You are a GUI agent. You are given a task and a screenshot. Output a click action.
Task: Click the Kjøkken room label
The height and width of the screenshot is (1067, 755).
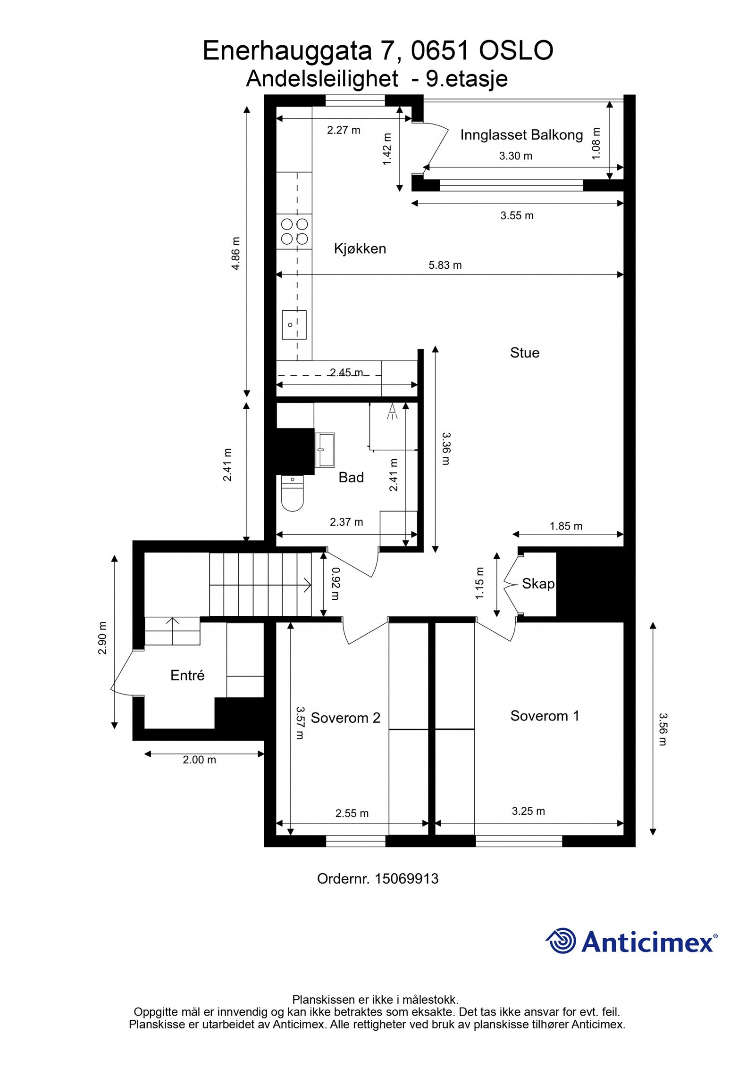click(x=360, y=248)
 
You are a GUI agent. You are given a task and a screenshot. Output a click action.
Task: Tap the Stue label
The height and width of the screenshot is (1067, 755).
click(x=524, y=353)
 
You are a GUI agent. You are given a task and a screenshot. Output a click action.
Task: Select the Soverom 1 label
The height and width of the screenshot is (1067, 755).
click(x=544, y=716)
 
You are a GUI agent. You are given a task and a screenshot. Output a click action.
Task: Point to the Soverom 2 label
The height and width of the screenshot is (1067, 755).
click(x=345, y=718)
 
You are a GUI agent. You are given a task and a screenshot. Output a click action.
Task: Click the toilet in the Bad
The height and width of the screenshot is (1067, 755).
click(x=292, y=493)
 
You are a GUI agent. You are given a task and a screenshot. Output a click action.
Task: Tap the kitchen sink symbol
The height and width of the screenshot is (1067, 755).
click(x=294, y=324)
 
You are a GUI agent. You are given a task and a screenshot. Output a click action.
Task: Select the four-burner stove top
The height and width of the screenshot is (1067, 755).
click(x=294, y=231)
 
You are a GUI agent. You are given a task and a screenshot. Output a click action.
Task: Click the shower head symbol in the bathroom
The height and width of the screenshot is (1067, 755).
click(x=392, y=411)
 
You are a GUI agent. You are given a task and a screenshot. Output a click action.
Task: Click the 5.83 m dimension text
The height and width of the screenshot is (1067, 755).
click(x=445, y=265)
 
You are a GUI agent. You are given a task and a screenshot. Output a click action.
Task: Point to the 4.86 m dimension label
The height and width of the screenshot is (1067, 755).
click(x=235, y=253)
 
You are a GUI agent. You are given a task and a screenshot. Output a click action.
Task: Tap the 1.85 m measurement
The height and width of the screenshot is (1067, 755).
click(x=566, y=526)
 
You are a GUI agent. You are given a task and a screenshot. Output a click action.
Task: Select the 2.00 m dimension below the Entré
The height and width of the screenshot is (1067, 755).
click(x=199, y=760)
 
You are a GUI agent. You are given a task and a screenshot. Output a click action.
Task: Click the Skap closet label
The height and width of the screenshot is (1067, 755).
click(x=538, y=584)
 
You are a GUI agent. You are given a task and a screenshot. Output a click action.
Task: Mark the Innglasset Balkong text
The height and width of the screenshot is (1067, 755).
click(x=521, y=135)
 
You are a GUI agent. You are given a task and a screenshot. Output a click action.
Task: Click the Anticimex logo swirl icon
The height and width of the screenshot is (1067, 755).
click(x=561, y=941)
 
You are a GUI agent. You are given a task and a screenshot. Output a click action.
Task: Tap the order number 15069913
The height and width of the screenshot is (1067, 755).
click(x=406, y=878)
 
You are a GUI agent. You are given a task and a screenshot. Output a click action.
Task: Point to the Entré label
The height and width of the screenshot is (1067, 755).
click(x=187, y=675)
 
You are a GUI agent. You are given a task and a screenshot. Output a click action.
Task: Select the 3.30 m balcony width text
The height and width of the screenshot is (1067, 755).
click(x=515, y=156)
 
